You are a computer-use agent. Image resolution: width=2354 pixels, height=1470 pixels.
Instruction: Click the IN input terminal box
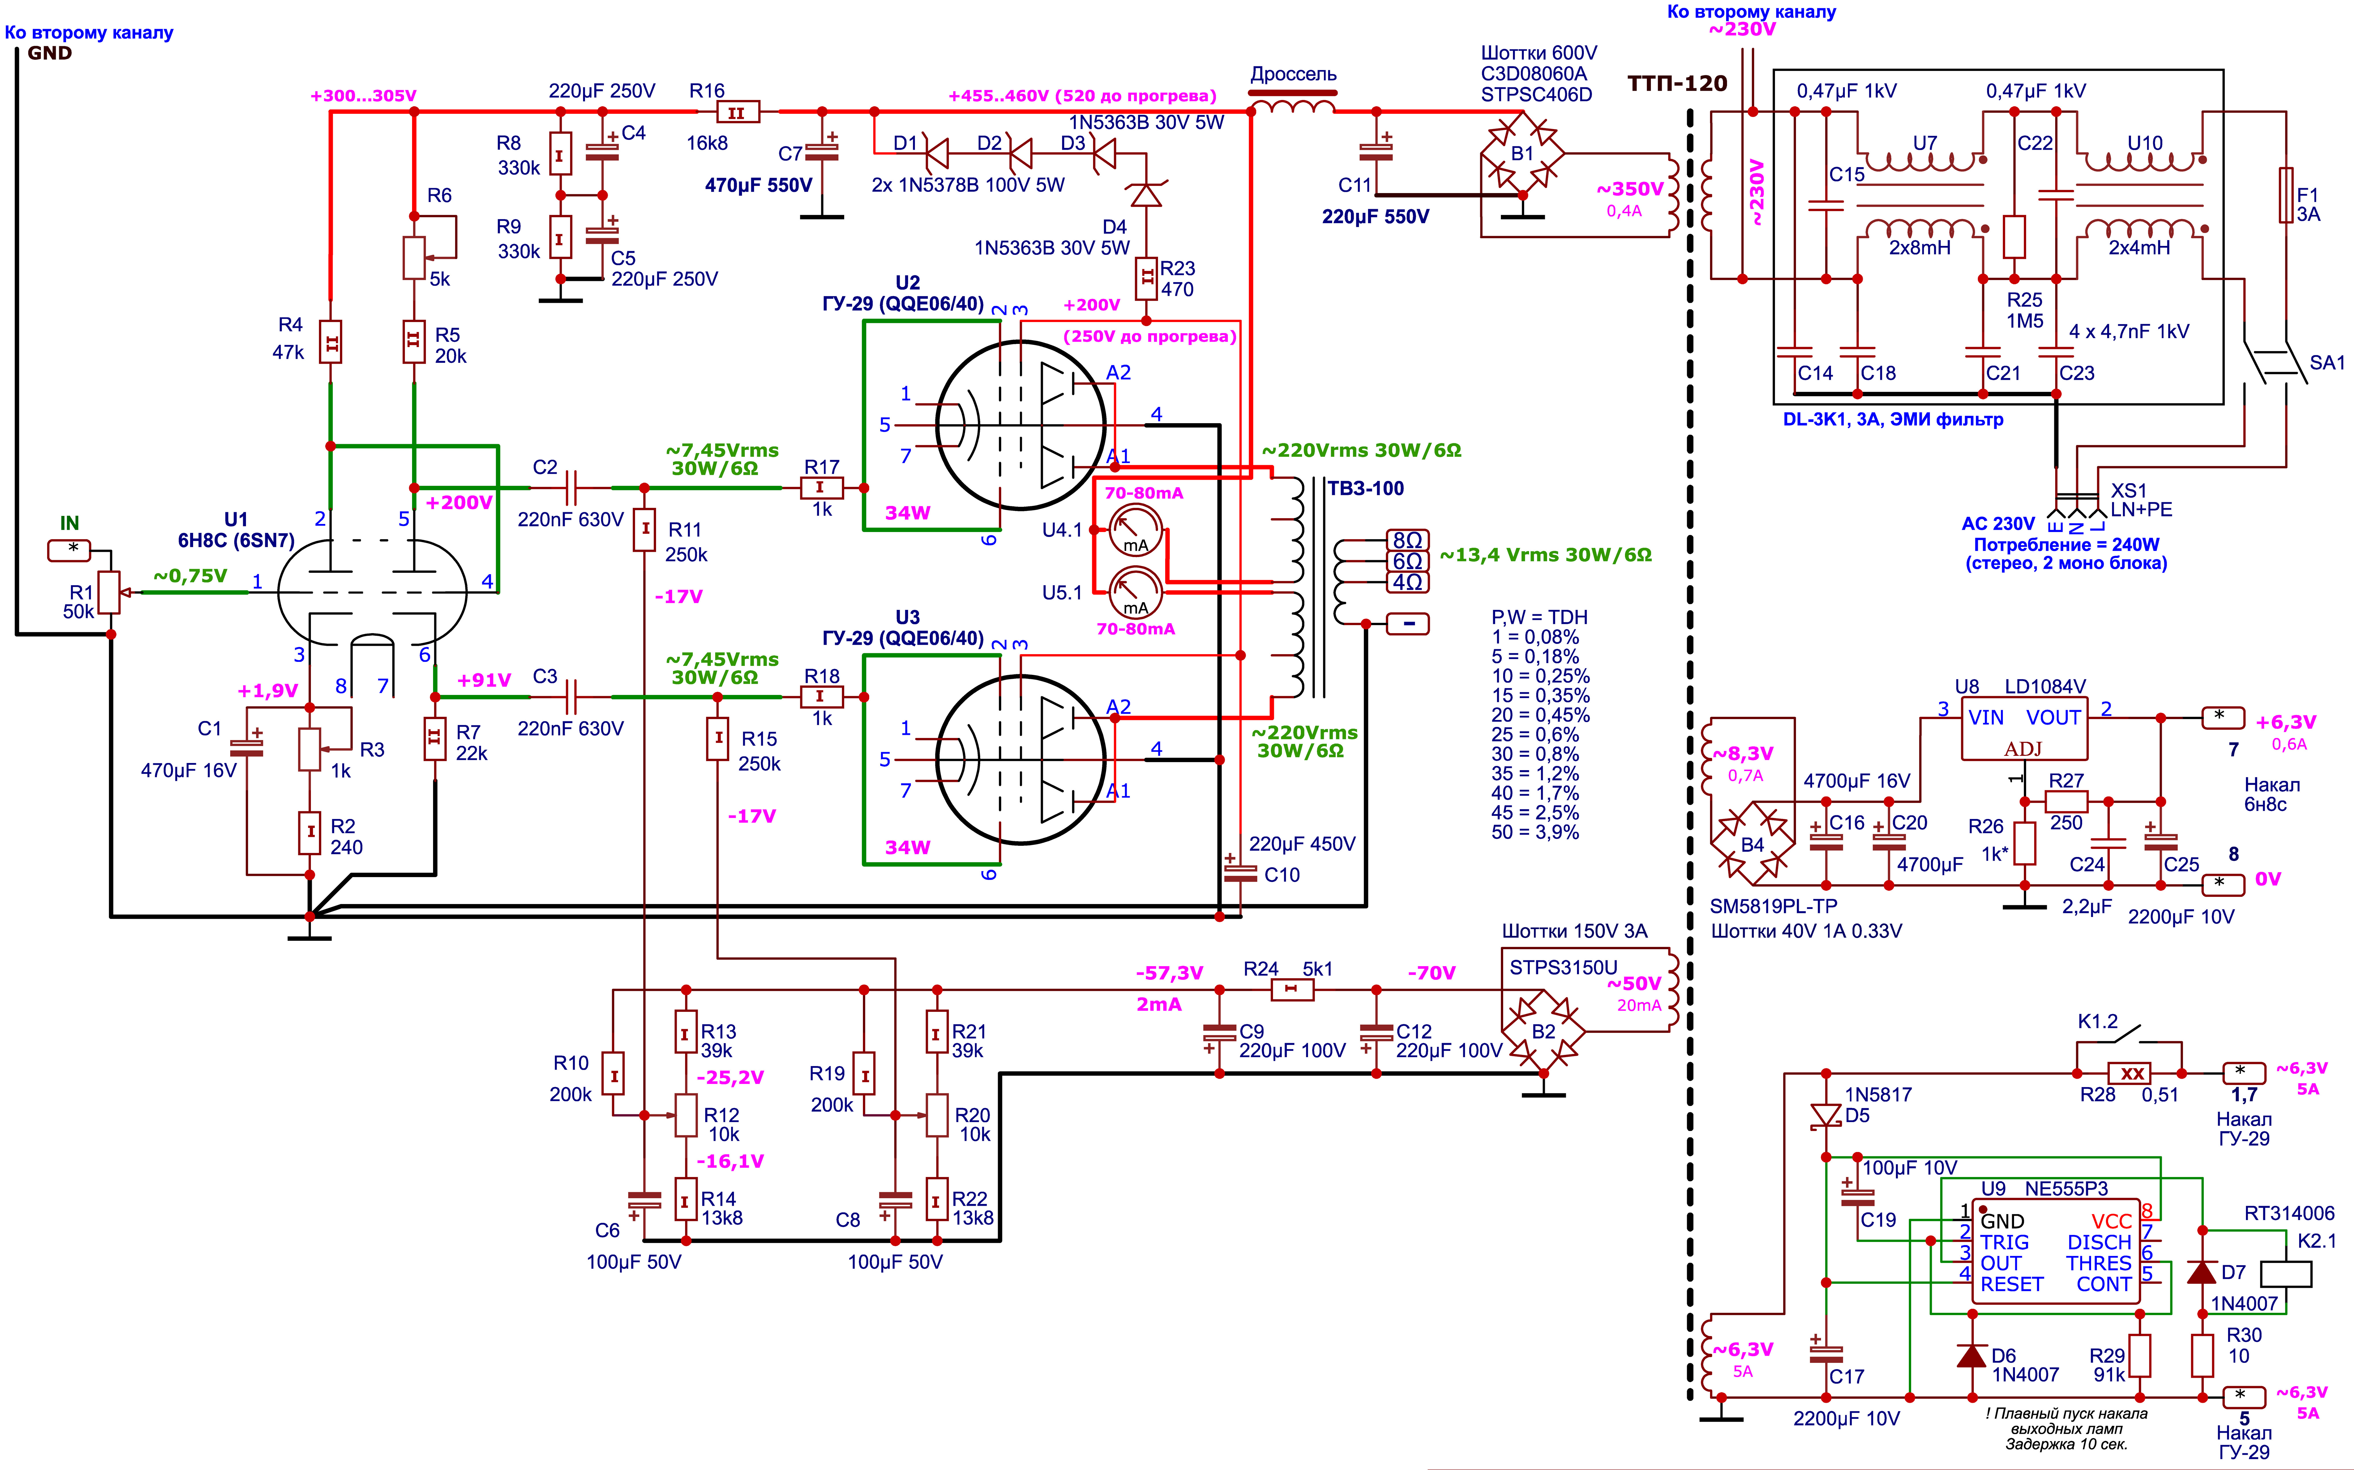tap(69, 550)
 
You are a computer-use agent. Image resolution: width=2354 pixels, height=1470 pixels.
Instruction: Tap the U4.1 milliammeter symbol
tap(1136, 530)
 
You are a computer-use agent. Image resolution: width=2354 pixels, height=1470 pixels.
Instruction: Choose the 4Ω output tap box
tap(1408, 582)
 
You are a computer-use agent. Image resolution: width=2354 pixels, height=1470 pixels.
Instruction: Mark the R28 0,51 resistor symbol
tap(2132, 1073)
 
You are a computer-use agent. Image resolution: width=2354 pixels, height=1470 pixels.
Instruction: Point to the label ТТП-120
tap(1677, 84)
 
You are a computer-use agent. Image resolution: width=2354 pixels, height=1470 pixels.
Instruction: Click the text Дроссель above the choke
tap(1293, 74)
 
